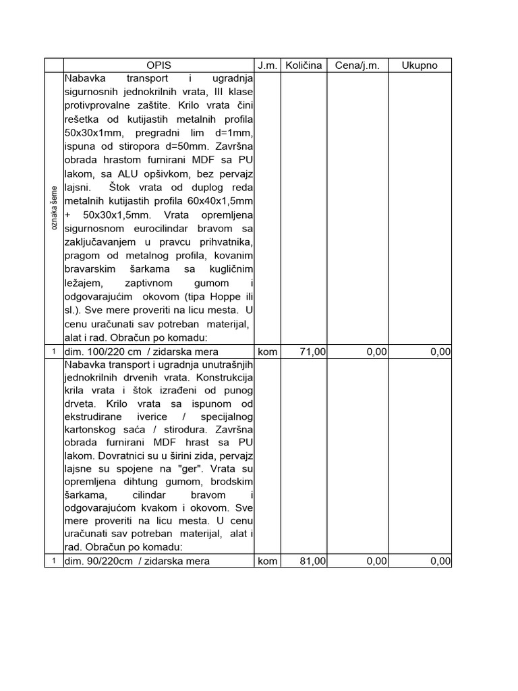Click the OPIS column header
coord(159,65)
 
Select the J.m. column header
coord(267,65)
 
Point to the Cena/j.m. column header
coord(357,65)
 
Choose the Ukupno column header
coord(420,65)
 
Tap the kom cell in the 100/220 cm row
coord(268,352)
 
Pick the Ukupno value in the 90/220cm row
coord(439,561)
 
